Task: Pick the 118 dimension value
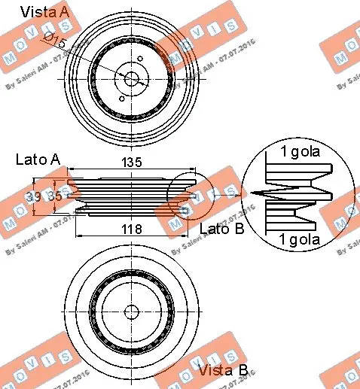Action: [133, 230]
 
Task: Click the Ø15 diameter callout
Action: [56, 40]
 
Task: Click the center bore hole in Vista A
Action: [132, 77]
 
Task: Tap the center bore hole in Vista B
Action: [132, 311]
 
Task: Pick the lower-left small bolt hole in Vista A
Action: [121, 96]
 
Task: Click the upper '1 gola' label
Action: [301, 152]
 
